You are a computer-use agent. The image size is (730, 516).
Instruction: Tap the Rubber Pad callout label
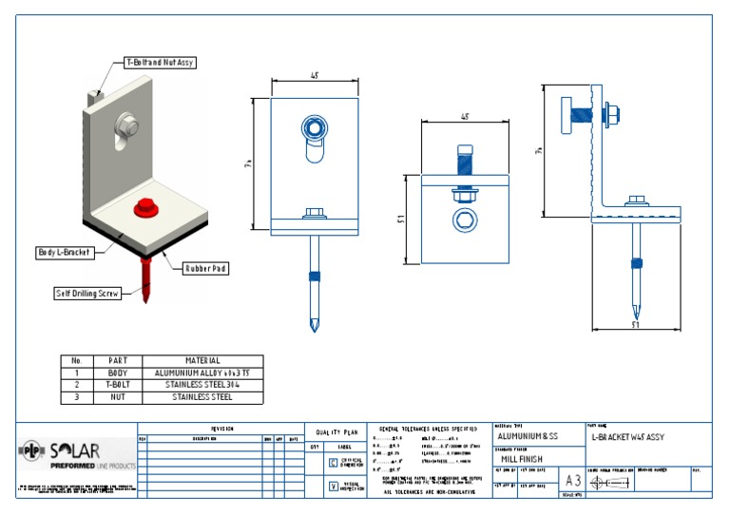tap(205, 268)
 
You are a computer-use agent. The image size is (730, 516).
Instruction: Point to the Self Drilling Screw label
tap(87, 294)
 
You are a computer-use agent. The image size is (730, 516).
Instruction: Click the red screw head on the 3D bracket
tap(145, 203)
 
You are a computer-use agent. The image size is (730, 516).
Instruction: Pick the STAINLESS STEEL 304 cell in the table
tap(202, 385)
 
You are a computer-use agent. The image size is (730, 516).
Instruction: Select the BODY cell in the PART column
tap(118, 373)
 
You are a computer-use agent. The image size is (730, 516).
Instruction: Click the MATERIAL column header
tap(202, 361)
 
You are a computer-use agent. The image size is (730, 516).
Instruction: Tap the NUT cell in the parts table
tap(118, 397)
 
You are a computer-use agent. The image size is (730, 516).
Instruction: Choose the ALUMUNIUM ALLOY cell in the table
tap(202, 373)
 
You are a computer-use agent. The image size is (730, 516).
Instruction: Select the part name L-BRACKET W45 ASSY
tap(627, 436)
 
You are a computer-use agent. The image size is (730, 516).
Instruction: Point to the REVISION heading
tap(221, 430)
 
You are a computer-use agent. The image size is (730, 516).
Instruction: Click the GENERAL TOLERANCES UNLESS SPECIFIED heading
tap(428, 430)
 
